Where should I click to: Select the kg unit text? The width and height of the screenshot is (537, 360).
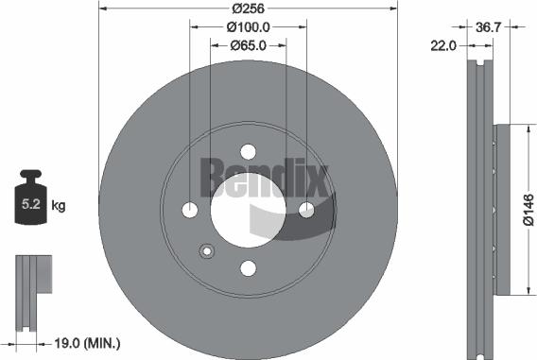tap(60, 204)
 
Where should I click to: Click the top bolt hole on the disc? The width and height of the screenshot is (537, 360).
tap(249, 152)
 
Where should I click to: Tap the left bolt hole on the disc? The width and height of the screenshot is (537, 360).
tap(190, 210)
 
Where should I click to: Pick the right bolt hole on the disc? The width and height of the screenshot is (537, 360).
tap(306, 210)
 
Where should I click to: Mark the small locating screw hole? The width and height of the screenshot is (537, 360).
tap(207, 251)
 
